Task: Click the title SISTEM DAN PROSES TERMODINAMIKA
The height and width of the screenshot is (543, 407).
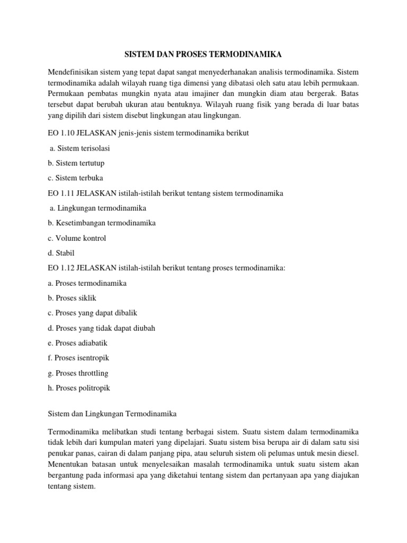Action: click(203, 55)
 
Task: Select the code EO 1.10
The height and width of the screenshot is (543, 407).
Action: click(60, 133)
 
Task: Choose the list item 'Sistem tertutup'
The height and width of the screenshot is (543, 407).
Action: click(77, 163)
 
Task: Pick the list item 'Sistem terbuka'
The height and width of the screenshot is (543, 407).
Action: click(75, 178)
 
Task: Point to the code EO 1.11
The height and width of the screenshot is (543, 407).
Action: click(60, 193)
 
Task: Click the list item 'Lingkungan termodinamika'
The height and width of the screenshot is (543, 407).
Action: click(98, 208)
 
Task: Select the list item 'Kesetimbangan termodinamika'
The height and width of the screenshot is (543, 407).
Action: click(102, 223)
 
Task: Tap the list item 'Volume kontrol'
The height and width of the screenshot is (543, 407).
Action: click(77, 238)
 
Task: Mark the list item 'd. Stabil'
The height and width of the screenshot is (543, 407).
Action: click(61, 253)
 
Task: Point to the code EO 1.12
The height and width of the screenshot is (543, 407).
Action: click(60, 268)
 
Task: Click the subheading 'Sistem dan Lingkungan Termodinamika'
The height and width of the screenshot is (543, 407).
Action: click(112, 413)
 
